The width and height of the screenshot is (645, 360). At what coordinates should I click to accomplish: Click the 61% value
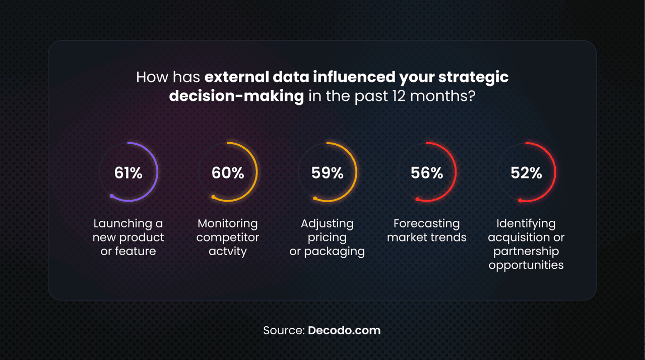tap(128, 173)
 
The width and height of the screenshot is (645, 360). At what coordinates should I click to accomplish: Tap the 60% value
tap(228, 173)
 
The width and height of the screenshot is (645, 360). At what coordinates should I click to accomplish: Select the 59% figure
tap(328, 173)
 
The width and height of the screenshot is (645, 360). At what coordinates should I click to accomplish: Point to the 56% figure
tap(427, 173)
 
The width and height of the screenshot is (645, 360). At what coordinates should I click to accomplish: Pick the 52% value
tap(527, 173)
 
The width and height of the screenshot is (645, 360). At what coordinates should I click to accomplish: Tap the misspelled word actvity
tap(228, 252)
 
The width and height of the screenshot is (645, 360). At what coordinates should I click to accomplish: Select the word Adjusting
tap(327, 224)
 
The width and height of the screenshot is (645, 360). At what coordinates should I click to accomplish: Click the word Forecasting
tap(427, 224)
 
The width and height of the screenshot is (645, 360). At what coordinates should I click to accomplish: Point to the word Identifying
tap(527, 224)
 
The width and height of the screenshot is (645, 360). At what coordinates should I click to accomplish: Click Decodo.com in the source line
tap(344, 330)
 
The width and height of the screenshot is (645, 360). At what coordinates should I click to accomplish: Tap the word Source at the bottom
tap(284, 331)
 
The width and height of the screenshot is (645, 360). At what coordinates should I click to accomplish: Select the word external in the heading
tap(237, 77)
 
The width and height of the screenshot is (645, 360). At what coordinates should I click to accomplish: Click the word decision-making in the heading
tap(236, 96)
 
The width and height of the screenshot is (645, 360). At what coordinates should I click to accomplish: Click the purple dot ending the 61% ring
tap(112, 196)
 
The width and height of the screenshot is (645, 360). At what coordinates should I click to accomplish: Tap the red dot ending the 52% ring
tap(520, 201)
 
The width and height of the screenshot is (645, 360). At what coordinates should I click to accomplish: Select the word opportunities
tap(526, 265)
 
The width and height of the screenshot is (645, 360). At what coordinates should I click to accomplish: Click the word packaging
tap(334, 252)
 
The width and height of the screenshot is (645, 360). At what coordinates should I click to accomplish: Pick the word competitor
tap(228, 237)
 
